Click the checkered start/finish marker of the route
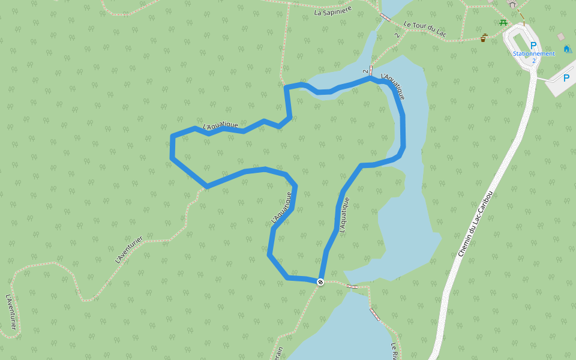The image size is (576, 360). [321, 281]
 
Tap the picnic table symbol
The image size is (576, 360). [503, 23]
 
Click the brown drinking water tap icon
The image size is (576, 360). [484, 38]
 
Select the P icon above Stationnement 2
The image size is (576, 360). [533, 45]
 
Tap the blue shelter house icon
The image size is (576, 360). [566, 49]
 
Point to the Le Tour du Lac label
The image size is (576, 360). [426, 28]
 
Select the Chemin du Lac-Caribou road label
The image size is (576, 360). [475, 224]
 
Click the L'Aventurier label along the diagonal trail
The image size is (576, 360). [128, 250]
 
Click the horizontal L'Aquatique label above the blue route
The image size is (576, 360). [220, 126]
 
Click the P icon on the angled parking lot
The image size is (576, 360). [565, 77]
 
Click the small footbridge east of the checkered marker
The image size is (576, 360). [353, 286]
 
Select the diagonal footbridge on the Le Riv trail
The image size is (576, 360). [375, 314]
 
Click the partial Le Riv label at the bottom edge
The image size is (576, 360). [394, 350]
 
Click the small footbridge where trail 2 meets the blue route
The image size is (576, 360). [371, 70]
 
